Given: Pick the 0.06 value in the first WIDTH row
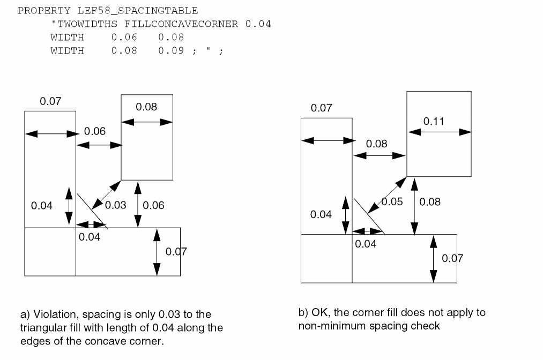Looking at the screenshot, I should click(124, 37).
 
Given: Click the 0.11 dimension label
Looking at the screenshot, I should click(434, 121).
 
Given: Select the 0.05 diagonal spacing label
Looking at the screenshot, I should click(392, 202).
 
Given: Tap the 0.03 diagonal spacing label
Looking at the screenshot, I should click(115, 205).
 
